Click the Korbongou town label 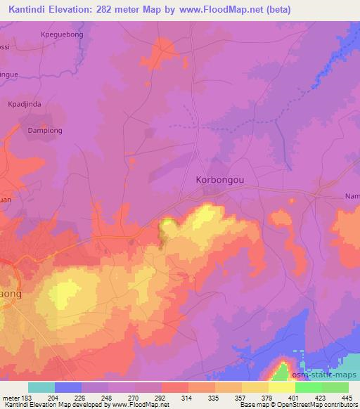[x=219, y=179]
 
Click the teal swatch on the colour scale [x=41, y=387]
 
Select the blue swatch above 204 [x=68, y=387]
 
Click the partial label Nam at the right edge [x=351, y=197]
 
